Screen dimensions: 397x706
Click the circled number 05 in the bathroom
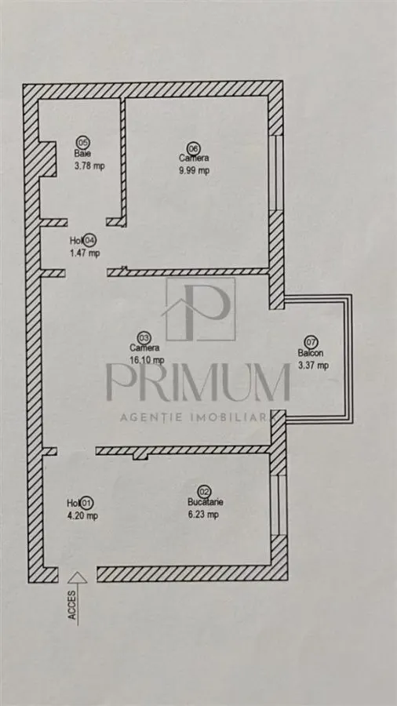(x=82, y=142)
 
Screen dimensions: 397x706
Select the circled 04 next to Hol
(x=90, y=240)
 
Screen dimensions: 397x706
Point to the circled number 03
(x=144, y=337)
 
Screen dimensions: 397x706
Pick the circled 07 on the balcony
(x=311, y=342)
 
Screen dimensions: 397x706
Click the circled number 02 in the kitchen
(x=204, y=492)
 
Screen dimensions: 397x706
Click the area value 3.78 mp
(x=89, y=166)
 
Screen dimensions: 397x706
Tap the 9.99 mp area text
(x=194, y=170)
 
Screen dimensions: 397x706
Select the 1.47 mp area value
(x=85, y=253)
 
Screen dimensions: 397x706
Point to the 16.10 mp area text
(x=147, y=360)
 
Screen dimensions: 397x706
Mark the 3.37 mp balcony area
(x=313, y=365)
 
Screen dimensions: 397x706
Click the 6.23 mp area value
(x=203, y=515)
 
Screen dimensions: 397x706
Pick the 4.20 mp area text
(x=82, y=516)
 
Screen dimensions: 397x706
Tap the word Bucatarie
(x=206, y=503)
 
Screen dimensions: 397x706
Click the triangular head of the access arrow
(x=78, y=577)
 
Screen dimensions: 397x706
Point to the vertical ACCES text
(x=72, y=605)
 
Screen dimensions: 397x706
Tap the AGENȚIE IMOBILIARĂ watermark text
(x=198, y=417)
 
